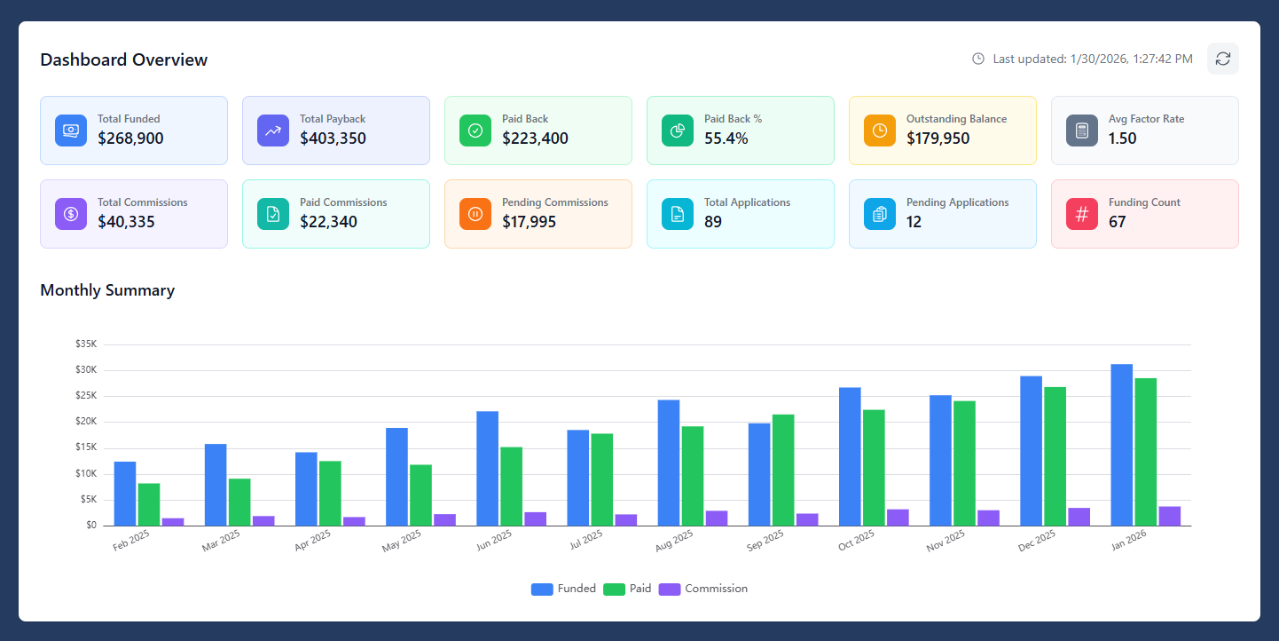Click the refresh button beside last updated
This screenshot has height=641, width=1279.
click(1222, 59)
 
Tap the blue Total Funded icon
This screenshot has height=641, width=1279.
click(70, 131)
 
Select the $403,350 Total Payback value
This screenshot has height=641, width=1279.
click(333, 138)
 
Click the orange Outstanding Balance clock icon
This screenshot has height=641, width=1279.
click(879, 131)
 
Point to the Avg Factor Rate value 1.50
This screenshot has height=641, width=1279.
click(1122, 138)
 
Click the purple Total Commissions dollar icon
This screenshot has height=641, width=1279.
click(70, 214)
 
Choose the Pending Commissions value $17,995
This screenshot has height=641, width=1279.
click(529, 222)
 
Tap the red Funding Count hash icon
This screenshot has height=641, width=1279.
click(1081, 214)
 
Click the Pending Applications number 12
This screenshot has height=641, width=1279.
click(914, 222)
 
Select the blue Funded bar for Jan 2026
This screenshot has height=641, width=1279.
click(1121, 445)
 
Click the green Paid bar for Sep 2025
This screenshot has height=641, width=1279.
click(783, 470)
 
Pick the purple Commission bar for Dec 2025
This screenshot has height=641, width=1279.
click(1079, 517)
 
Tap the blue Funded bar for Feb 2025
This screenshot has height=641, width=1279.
click(125, 494)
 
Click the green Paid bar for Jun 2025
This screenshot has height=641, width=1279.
click(511, 486)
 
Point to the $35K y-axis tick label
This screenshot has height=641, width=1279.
click(86, 344)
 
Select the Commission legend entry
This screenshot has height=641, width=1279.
click(704, 589)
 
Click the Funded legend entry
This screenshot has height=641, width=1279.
click(564, 589)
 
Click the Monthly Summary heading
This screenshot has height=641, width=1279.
click(107, 290)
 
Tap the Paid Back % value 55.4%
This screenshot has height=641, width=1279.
click(726, 138)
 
